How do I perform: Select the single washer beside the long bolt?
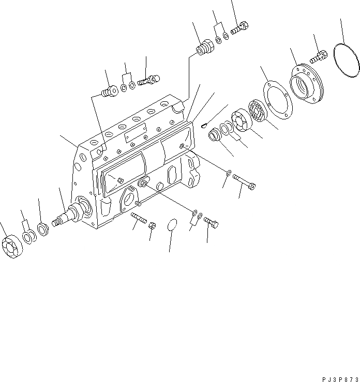(x=228, y=173)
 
